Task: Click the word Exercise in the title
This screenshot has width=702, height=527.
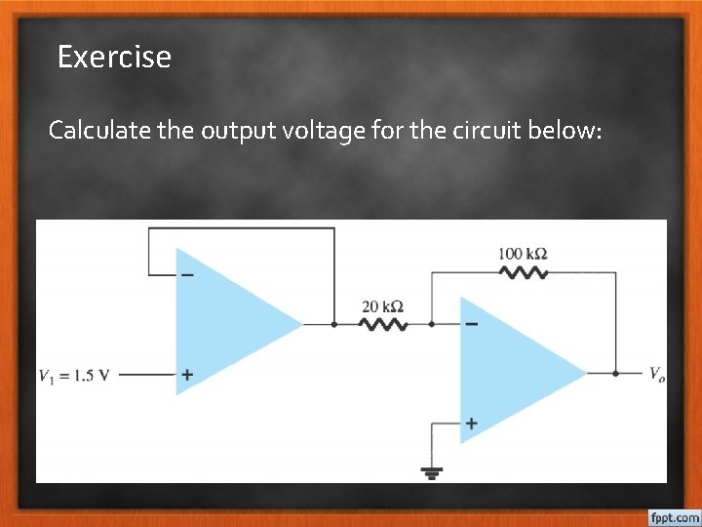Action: coord(114,57)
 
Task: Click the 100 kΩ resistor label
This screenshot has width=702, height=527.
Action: coord(523,254)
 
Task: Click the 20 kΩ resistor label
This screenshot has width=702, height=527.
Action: coord(383,306)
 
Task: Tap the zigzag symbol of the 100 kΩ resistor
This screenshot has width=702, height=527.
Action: coord(524,273)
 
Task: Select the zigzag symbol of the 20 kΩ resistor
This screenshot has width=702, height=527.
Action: coord(383,324)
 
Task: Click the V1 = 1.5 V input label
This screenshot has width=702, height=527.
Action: coord(74,375)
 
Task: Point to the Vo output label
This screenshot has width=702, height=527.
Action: coord(659,373)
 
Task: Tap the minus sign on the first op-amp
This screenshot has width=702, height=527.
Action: coord(186,274)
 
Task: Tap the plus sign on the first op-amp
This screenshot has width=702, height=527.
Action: coord(186,374)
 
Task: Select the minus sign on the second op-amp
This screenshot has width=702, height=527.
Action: coord(472,325)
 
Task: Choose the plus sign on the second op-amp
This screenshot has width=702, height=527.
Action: coord(472,424)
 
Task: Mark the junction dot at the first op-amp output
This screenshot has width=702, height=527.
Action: coord(334,324)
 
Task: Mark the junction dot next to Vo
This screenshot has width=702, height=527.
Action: coord(616,373)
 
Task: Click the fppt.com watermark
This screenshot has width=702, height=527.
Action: coord(673,516)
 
